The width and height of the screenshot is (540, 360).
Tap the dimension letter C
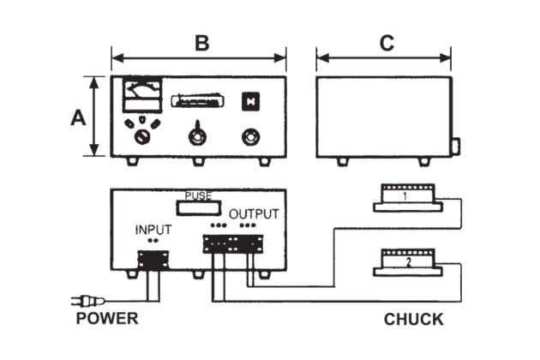(386, 44)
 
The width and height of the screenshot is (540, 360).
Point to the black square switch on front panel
(251, 99)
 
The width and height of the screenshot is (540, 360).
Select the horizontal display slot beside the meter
(198, 101)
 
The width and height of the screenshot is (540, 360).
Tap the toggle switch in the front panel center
(198, 135)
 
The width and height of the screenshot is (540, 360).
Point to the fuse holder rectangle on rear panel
(198, 205)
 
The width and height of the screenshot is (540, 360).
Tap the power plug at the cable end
(87, 300)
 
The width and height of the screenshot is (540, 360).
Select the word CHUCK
(413, 320)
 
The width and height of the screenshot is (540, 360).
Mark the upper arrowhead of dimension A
(93, 80)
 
